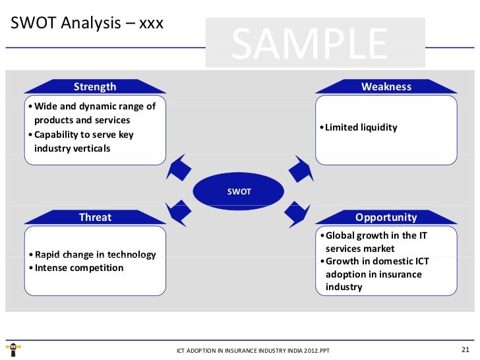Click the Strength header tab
[95, 86]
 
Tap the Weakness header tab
[386, 86]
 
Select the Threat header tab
[95, 217]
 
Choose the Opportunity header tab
[386, 217]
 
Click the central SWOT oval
[239, 191]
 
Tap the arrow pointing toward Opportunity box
[299, 212]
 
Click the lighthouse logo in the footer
[13, 348]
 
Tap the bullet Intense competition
[78, 268]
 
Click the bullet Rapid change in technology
[95, 255]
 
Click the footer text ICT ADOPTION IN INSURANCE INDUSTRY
[253, 350]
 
